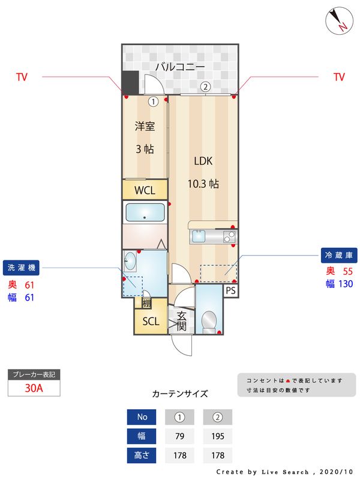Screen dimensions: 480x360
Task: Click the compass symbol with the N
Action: (x=339, y=21)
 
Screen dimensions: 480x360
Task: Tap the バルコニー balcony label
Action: (x=180, y=67)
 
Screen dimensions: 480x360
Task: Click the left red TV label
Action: (x=22, y=77)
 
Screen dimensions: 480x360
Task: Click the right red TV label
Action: (x=339, y=77)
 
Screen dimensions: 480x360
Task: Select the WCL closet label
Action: (x=145, y=191)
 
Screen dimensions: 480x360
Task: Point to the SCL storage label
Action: (x=151, y=321)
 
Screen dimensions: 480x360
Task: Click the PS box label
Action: (x=232, y=290)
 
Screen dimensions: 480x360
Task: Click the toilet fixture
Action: (x=209, y=320)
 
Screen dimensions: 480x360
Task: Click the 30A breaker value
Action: (x=34, y=388)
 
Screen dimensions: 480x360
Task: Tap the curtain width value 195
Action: (x=217, y=436)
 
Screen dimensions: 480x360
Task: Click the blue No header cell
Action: (x=142, y=416)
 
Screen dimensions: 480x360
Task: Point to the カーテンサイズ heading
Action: (x=180, y=394)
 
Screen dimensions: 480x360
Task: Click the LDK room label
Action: (x=203, y=161)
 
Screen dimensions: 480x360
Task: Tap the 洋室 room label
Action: (x=145, y=127)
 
